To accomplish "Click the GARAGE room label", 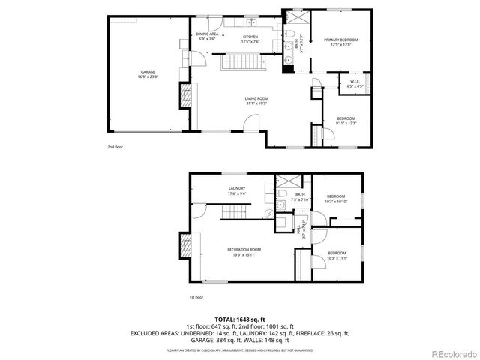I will pos(147,72).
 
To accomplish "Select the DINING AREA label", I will pos(208,34).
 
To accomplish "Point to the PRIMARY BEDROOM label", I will pos(340,40).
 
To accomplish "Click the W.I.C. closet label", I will pos(355,81).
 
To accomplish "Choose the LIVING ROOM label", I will pos(256,98).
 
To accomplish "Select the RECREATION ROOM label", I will pos(244,248).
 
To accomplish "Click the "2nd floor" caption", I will pos(115,147).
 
